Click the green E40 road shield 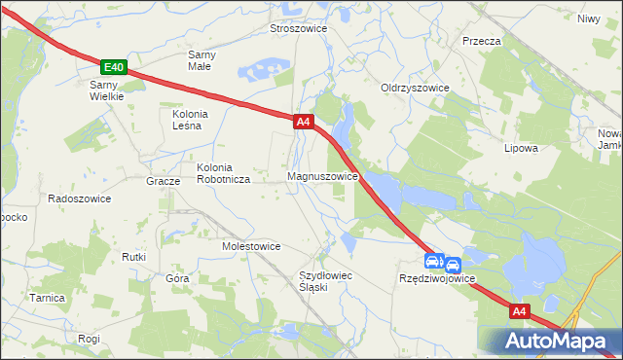point(114,67)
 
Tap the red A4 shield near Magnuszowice point(303,122)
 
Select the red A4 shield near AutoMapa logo point(519,311)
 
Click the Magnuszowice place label point(324,177)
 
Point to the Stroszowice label point(298,29)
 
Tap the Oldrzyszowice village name point(415,88)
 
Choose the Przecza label point(482,41)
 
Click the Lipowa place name point(521,149)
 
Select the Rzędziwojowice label point(437,278)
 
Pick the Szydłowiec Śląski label point(325,282)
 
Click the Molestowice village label point(251,246)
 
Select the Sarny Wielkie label point(101,90)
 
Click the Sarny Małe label point(202,60)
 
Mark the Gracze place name point(163,182)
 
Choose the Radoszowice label point(80,198)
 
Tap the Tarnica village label point(47,298)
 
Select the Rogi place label point(90,339)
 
